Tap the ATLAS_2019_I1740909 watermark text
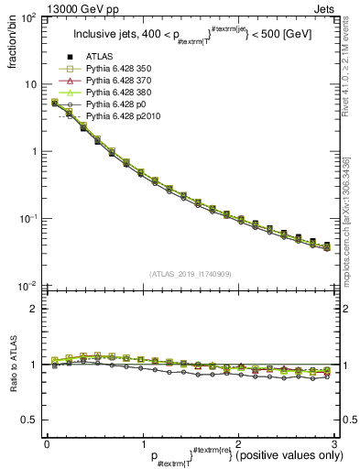(x=190, y=274)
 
